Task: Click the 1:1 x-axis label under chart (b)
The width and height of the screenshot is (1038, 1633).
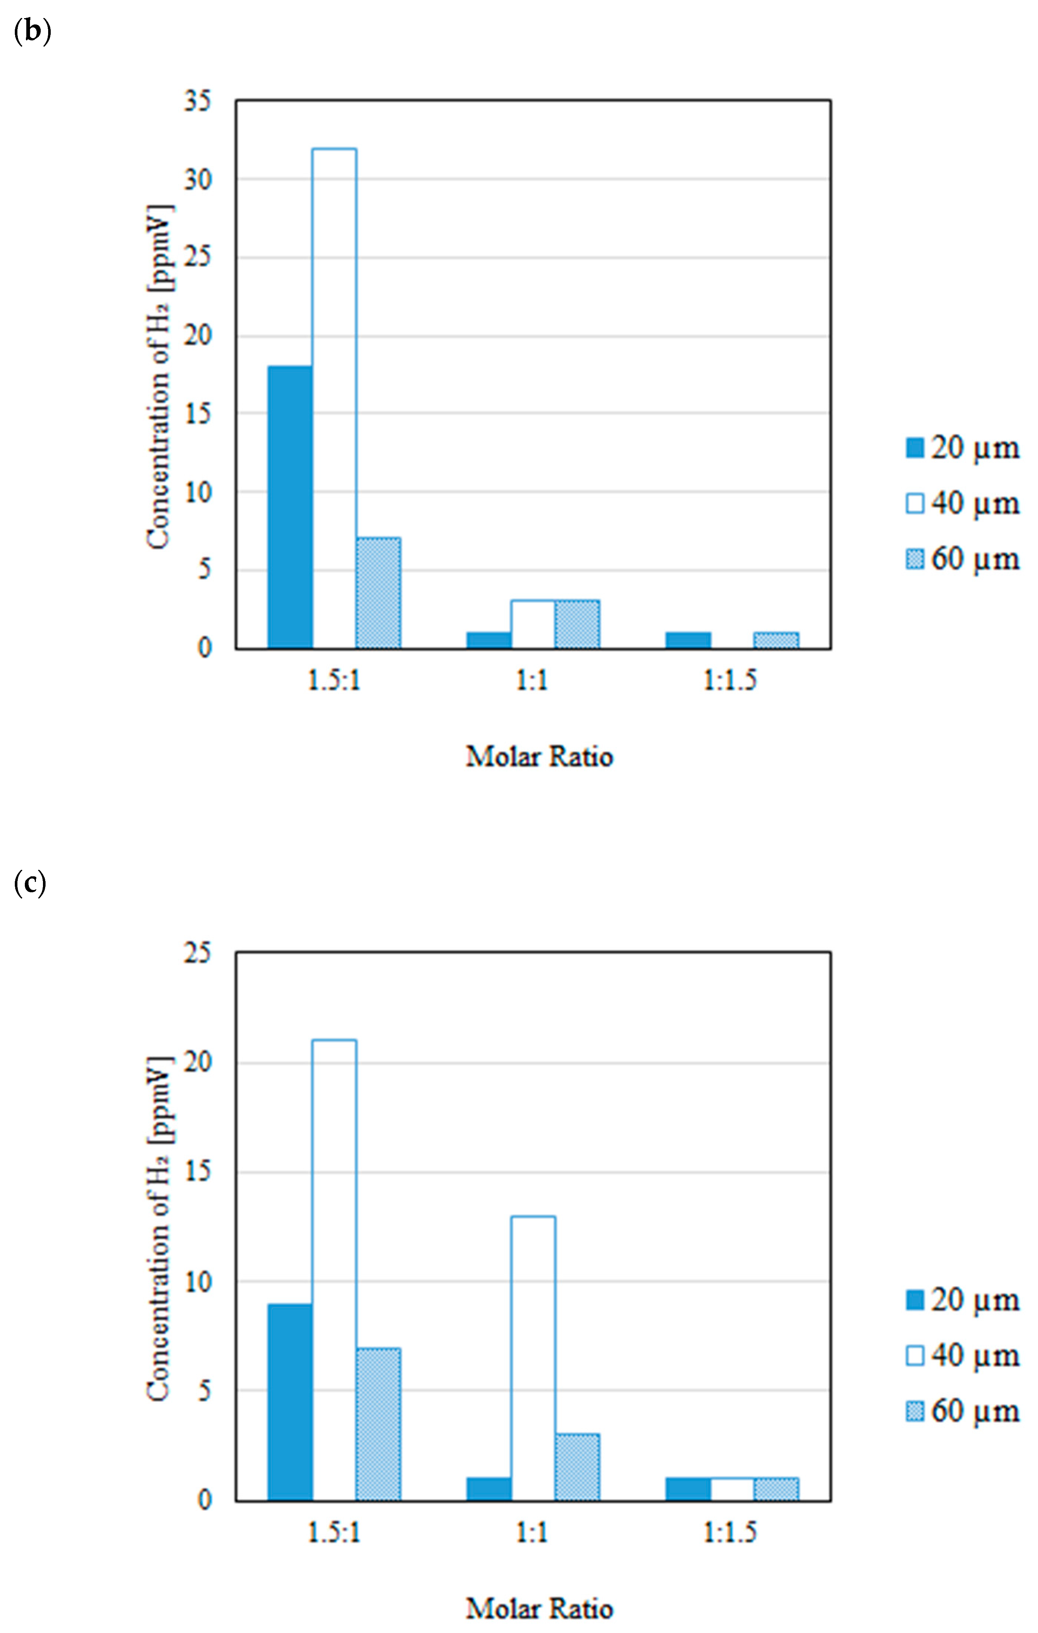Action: pos(532,680)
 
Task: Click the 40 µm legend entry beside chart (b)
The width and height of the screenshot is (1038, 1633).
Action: pos(963,503)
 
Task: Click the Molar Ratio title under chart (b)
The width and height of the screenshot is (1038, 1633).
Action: pos(539,756)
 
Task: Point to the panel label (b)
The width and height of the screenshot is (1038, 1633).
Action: pos(32,32)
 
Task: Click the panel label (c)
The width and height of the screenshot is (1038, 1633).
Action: pos(30,884)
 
